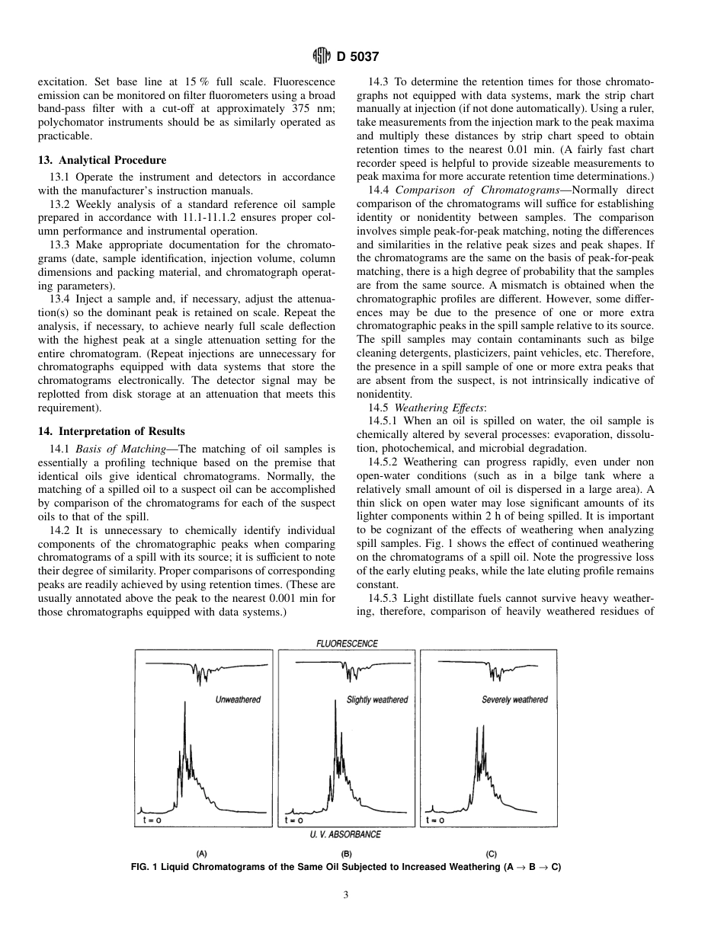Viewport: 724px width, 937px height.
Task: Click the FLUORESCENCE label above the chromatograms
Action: tap(347, 643)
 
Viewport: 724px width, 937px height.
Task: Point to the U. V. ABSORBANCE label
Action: tap(345, 834)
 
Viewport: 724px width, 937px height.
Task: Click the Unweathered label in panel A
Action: tap(238, 699)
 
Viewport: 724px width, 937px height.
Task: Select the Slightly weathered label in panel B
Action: tap(377, 699)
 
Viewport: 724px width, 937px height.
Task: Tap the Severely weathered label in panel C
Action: tap(514, 699)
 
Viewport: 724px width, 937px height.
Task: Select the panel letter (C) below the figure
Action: tap(492, 855)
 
